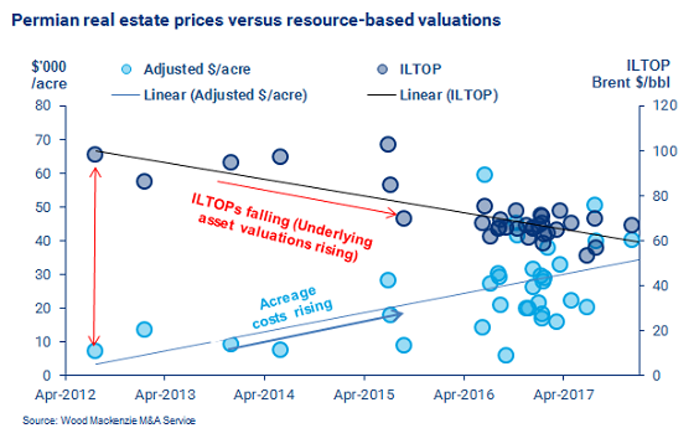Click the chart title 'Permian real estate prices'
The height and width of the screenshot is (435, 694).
pyautogui.click(x=256, y=20)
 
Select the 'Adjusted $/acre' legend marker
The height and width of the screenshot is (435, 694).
pyautogui.click(x=126, y=69)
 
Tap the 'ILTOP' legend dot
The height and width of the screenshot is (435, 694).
pyautogui.click(x=382, y=69)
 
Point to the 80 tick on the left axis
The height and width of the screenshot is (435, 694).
pyautogui.click(x=43, y=105)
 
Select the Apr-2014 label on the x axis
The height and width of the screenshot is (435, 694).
pyautogui.click(x=264, y=395)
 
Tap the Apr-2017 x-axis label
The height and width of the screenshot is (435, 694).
pyautogui.click(x=563, y=395)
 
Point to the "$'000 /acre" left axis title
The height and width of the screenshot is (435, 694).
pyautogui.click(x=49, y=75)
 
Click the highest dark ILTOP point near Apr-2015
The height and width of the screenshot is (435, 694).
pyautogui.click(x=388, y=145)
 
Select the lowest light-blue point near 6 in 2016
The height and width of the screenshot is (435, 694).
pyautogui.click(x=506, y=355)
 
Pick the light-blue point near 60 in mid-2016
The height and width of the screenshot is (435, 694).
pyautogui.click(x=485, y=175)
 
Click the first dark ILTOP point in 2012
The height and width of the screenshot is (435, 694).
pyautogui.click(x=95, y=154)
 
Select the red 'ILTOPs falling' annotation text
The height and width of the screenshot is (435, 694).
pyautogui.click(x=281, y=228)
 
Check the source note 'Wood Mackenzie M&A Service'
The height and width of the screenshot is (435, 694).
pyautogui.click(x=109, y=420)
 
